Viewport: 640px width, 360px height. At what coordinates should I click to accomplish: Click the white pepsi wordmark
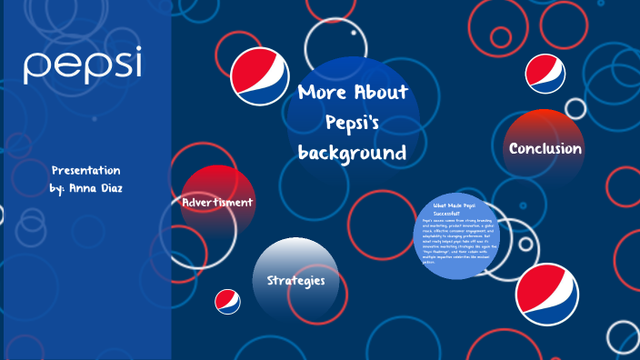click(83, 65)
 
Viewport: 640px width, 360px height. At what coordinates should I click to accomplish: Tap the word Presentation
click(85, 171)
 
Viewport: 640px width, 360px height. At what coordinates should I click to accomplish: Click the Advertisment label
click(217, 202)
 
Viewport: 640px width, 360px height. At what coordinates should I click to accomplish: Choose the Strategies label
click(295, 280)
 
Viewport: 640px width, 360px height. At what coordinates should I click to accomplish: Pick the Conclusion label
click(545, 148)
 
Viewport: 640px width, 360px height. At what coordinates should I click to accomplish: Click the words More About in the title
click(353, 93)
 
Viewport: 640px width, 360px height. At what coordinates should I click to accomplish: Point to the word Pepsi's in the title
click(353, 123)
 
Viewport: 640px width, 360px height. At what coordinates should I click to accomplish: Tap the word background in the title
click(353, 153)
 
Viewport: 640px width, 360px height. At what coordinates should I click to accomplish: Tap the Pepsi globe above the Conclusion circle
click(545, 73)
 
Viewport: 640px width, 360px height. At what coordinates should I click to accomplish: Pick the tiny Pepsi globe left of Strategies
click(227, 302)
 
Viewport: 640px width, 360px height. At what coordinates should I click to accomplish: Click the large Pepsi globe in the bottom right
click(546, 293)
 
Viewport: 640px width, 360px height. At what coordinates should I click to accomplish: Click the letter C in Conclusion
click(515, 148)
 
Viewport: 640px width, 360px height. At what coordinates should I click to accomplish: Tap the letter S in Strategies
click(271, 280)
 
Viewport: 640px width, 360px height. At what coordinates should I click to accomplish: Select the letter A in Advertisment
click(186, 202)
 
